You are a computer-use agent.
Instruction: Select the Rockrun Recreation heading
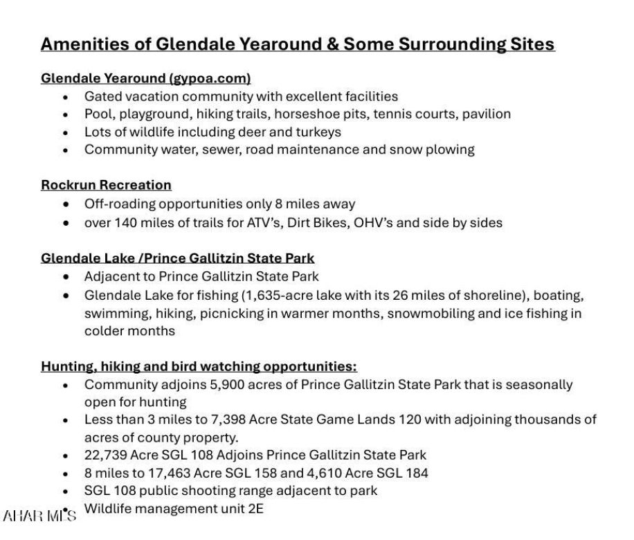click(106, 185)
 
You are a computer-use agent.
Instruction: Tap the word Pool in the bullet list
click(97, 114)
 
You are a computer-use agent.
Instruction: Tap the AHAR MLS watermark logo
click(39, 516)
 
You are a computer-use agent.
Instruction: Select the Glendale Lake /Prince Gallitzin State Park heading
click(177, 258)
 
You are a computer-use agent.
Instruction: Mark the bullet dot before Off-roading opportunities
click(66, 205)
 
